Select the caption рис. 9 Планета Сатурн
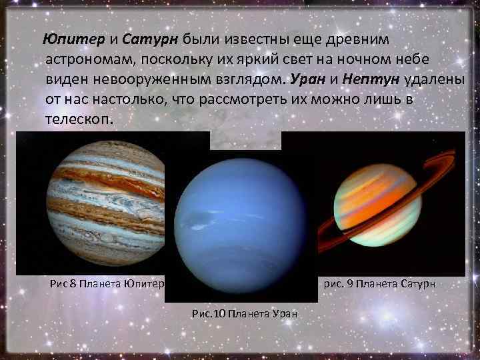click(379, 283)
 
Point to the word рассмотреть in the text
click(228, 101)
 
